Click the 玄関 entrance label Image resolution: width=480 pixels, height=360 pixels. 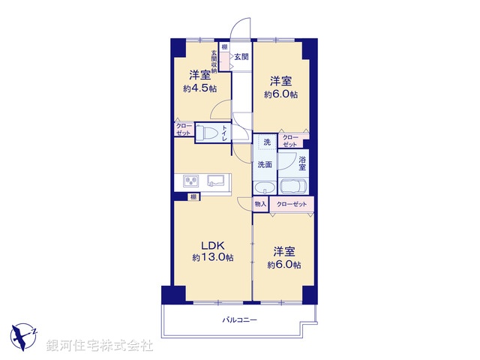coord(240,56)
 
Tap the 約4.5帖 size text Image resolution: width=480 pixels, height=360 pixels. coord(199,88)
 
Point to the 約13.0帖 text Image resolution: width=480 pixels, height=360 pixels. coord(212,257)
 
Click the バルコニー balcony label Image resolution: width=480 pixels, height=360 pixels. coord(239,321)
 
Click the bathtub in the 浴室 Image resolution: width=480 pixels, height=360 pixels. coord(293,187)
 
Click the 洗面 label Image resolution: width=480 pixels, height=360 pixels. coord(264,165)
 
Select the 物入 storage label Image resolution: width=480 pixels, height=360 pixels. coord(260,204)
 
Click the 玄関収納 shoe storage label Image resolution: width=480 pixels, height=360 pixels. coord(214,61)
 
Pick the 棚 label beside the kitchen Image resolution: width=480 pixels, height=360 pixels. coord(193,196)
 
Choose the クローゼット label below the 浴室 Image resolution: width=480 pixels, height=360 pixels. coord(292,204)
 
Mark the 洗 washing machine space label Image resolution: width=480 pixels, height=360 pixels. coord(266,142)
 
